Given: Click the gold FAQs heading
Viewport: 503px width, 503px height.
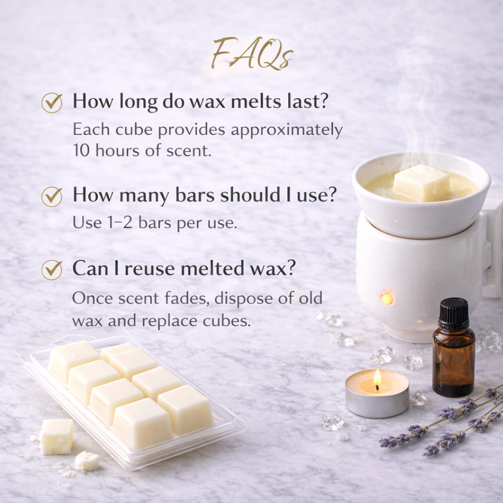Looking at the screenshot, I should [x=252, y=55].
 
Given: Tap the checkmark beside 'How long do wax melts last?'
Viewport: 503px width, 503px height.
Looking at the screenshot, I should [x=52, y=103].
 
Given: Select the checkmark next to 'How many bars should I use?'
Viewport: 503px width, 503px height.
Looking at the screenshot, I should [x=52, y=196].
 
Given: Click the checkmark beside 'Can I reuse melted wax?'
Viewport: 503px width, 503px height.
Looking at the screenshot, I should [x=52, y=270].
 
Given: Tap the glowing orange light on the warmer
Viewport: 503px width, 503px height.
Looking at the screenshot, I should [x=387, y=298].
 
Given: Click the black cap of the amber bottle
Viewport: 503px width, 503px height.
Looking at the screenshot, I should [x=453, y=313].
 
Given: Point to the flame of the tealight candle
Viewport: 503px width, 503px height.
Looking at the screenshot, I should [x=377, y=379].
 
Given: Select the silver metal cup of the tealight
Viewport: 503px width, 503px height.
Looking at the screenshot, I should [x=377, y=402].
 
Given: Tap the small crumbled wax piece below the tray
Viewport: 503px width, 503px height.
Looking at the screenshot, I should [x=87, y=460].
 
